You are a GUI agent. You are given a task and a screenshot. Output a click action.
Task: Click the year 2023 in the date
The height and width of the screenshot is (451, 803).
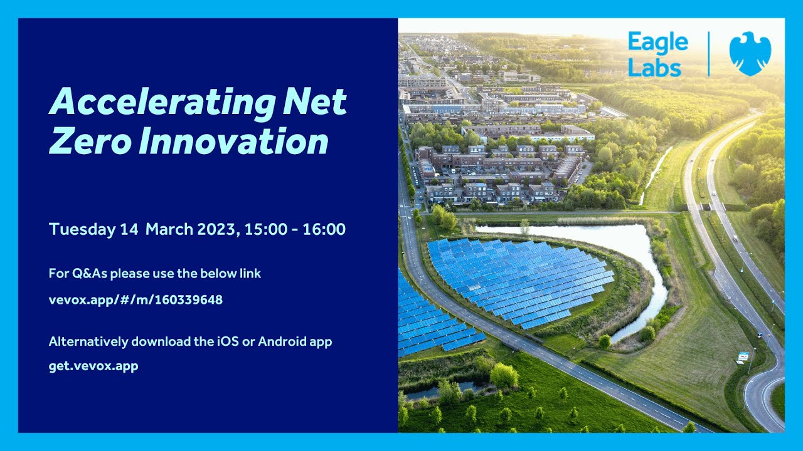click(x=215, y=229)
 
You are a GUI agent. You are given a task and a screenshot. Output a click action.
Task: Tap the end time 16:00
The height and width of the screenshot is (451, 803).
click(x=324, y=229)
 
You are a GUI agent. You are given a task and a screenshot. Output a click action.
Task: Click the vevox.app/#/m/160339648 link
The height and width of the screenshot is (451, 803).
click(x=136, y=300)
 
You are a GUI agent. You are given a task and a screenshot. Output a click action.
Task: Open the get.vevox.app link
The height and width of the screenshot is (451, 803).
click(x=93, y=366)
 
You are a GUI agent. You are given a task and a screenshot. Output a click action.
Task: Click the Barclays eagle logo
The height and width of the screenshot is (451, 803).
click(x=750, y=54)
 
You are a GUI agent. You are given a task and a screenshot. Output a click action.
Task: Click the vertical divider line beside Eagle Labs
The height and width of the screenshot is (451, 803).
click(x=709, y=54)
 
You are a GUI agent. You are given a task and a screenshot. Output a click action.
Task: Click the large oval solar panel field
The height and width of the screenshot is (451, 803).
click(x=521, y=279)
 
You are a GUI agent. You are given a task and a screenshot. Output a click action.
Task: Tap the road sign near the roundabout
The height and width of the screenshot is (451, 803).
click(x=743, y=356)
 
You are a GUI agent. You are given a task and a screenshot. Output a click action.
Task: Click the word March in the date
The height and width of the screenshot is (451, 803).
click(x=168, y=229)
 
